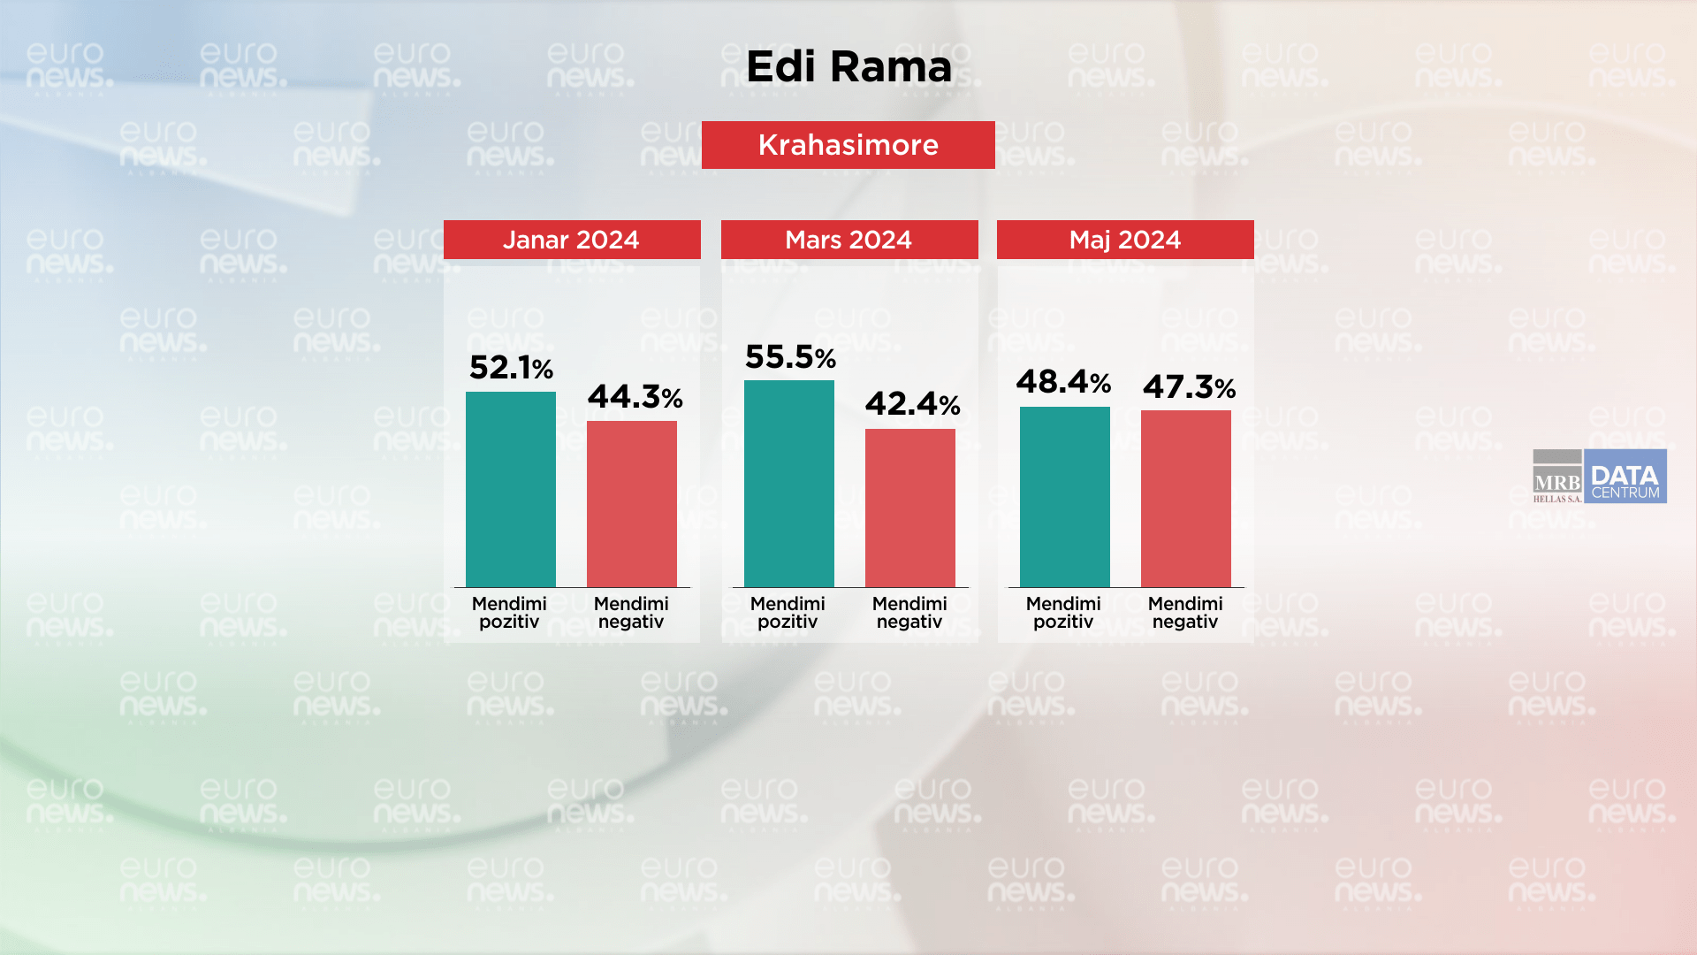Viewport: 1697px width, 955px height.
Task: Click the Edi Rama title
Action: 848,66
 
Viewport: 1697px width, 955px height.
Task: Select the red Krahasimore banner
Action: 848,145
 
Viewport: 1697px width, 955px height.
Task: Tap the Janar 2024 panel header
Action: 572,240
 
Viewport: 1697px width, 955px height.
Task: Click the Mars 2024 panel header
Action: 849,240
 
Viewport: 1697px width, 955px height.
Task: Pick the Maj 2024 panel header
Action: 1125,240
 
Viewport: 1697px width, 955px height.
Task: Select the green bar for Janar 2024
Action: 511,489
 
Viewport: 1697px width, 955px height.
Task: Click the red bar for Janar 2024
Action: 632,504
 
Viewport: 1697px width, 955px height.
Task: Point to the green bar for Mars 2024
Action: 789,484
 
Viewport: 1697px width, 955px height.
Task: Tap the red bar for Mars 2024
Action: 910,508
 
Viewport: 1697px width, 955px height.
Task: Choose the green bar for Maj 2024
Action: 1065,497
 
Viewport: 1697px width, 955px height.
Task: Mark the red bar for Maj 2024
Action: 1186,499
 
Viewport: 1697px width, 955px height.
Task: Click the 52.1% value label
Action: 511,367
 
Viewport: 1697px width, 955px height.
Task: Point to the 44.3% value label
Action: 635,397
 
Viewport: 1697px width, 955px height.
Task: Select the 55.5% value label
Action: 790,357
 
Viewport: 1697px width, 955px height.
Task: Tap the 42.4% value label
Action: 912,404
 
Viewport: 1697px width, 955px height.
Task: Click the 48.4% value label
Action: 1063,382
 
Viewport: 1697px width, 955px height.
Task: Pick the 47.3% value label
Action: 1189,386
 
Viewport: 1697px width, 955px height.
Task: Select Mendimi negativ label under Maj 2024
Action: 1185,612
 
